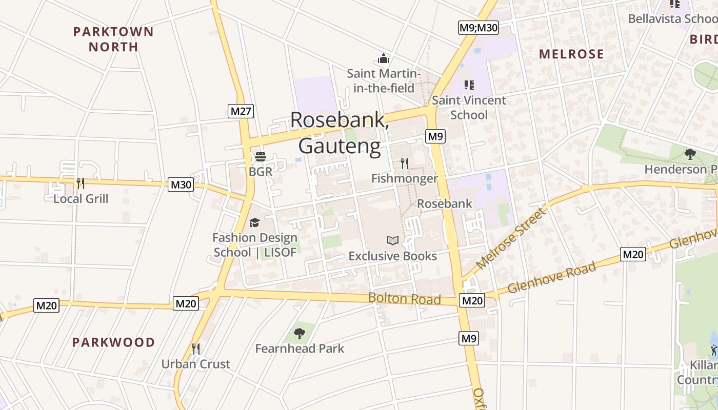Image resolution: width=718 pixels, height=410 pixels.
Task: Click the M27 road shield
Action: pos(241,111)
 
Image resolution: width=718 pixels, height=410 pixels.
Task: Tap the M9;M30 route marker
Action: pos(478,28)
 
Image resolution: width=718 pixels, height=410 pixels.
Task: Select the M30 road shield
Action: pos(181,184)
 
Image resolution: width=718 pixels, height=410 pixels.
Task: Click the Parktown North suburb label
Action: pos(113,39)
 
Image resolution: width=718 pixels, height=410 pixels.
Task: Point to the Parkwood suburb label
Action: pos(113,342)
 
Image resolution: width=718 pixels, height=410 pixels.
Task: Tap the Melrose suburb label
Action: pos(571,54)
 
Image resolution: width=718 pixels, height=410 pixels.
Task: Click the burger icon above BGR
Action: pos(261,157)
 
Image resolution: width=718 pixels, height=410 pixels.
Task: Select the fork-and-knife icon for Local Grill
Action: pos(80,183)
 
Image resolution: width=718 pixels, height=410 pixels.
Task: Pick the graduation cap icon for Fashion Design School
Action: pos(254,222)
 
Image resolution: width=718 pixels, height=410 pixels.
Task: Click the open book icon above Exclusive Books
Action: pos(393,240)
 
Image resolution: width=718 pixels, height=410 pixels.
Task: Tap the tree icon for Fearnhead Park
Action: pos(300,334)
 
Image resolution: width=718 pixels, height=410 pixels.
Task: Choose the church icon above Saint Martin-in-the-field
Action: pos(384,59)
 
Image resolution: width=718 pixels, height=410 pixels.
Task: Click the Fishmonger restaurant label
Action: pos(405,178)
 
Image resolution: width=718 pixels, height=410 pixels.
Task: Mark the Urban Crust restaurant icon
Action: pos(195,349)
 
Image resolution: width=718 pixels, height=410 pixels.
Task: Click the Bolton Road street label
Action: pos(404,299)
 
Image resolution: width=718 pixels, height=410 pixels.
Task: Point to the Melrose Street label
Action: pos(511,238)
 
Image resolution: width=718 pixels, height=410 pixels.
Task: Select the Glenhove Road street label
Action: pos(552,277)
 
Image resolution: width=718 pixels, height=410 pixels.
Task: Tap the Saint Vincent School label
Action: pos(469,107)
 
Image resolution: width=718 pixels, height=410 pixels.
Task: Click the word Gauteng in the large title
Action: pos(340,146)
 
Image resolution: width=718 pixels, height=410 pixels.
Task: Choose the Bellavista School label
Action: pos(672,19)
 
